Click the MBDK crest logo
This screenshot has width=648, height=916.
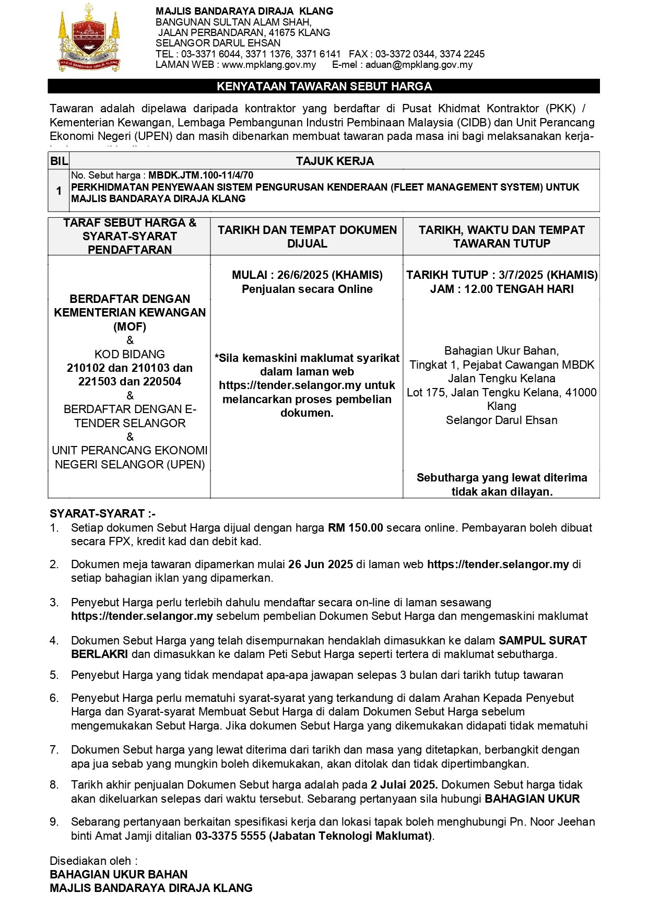(89, 38)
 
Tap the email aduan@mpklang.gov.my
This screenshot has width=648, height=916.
(419, 65)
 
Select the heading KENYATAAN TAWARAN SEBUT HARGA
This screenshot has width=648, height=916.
(324, 87)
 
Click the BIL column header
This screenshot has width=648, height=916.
(58, 161)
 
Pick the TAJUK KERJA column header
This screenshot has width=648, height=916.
(335, 161)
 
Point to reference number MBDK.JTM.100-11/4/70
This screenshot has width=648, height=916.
(201, 175)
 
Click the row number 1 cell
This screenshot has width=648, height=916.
(58, 191)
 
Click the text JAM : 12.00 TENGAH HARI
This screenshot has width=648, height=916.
(501, 289)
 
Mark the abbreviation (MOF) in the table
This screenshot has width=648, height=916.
(129, 327)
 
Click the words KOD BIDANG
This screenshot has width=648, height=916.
(129, 354)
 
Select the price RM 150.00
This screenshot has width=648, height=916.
(355, 527)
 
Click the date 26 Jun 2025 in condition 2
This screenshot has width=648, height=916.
(321, 564)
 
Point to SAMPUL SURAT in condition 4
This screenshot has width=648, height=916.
(543, 640)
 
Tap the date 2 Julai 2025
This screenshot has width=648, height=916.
(404, 784)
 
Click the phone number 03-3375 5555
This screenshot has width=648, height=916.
(230, 836)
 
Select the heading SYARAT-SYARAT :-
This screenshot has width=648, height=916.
(102, 513)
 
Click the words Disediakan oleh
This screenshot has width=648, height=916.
(93, 861)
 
